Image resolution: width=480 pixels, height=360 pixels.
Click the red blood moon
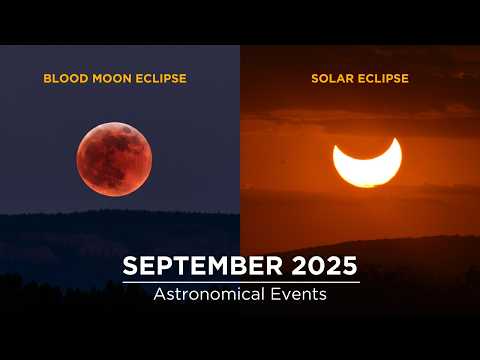(114, 159)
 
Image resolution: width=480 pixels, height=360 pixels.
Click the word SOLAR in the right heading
(333, 77)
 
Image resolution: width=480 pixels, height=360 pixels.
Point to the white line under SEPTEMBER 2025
(240, 282)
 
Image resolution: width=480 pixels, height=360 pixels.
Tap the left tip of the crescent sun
(335, 150)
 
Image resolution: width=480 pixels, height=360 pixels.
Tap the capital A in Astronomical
(160, 295)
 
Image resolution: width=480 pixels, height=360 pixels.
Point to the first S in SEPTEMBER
(131, 267)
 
